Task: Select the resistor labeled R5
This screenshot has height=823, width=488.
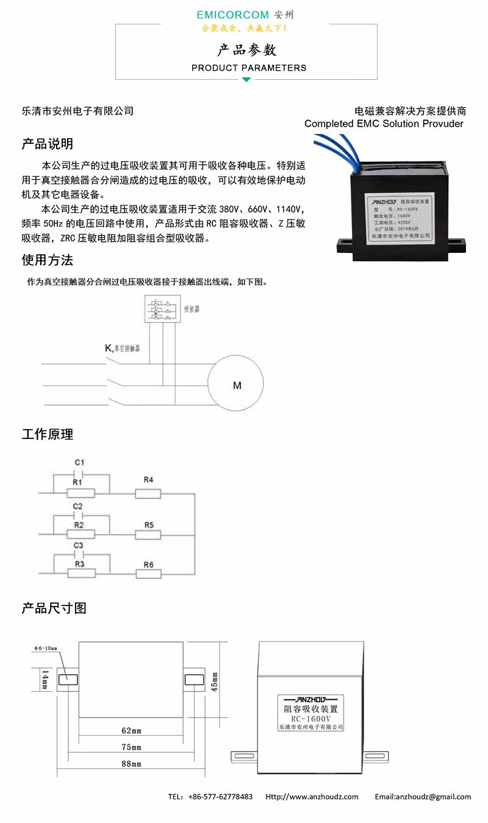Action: (x=148, y=535)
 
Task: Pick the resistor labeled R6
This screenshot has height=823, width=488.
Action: (x=148, y=574)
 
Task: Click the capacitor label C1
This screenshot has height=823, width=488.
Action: (x=79, y=461)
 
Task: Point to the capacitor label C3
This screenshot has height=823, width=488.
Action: (x=78, y=545)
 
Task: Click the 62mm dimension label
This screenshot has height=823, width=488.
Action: (x=131, y=730)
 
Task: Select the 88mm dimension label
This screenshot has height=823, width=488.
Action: (x=131, y=763)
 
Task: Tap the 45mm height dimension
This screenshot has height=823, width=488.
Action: (x=214, y=678)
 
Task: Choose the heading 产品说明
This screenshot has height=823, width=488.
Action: (x=48, y=144)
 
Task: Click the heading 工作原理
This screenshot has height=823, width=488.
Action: (x=48, y=435)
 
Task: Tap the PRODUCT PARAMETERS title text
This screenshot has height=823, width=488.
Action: (x=249, y=68)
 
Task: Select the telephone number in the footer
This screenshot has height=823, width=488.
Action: (x=220, y=797)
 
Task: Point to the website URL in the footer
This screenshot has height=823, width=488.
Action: (x=312, y=797)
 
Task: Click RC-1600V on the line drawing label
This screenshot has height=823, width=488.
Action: (x=310, y=719)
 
